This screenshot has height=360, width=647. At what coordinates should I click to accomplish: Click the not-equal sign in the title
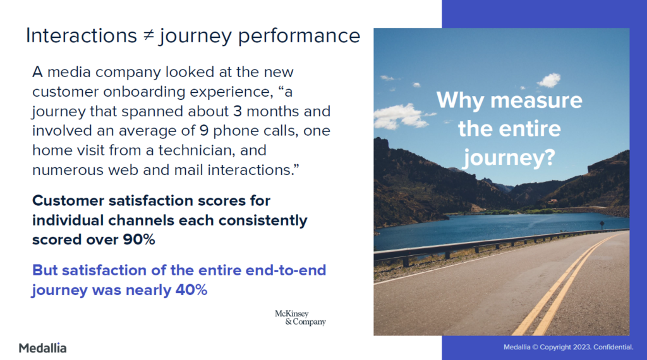pos(148,35)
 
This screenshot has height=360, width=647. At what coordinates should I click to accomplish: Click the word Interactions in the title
pos(82,35)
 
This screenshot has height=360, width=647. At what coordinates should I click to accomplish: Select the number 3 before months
pos(238,111)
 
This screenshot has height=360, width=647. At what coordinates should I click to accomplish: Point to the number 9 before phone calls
pos(204,131)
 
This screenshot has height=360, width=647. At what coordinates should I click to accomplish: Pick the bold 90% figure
pos(139,239)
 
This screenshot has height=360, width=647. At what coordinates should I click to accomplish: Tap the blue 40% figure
pos(191,290)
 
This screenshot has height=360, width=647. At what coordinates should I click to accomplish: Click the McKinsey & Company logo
pos(300,318)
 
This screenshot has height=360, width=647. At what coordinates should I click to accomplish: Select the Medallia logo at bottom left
pos(42,348)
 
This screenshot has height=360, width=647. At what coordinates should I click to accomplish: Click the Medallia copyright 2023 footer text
pos(568,347)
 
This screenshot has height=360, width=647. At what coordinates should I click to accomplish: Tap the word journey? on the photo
pos(509,158)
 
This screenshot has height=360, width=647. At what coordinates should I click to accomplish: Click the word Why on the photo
pos(461,100)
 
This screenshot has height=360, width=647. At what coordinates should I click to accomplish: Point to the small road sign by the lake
pos(602,225)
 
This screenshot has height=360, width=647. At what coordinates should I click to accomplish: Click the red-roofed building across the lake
pos(553,201)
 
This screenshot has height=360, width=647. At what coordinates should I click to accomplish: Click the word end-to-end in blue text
pos(286,270)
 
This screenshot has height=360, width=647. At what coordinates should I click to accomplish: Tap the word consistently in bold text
pos(263,220)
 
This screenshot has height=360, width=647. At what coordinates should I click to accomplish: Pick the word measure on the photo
pos(536,100)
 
